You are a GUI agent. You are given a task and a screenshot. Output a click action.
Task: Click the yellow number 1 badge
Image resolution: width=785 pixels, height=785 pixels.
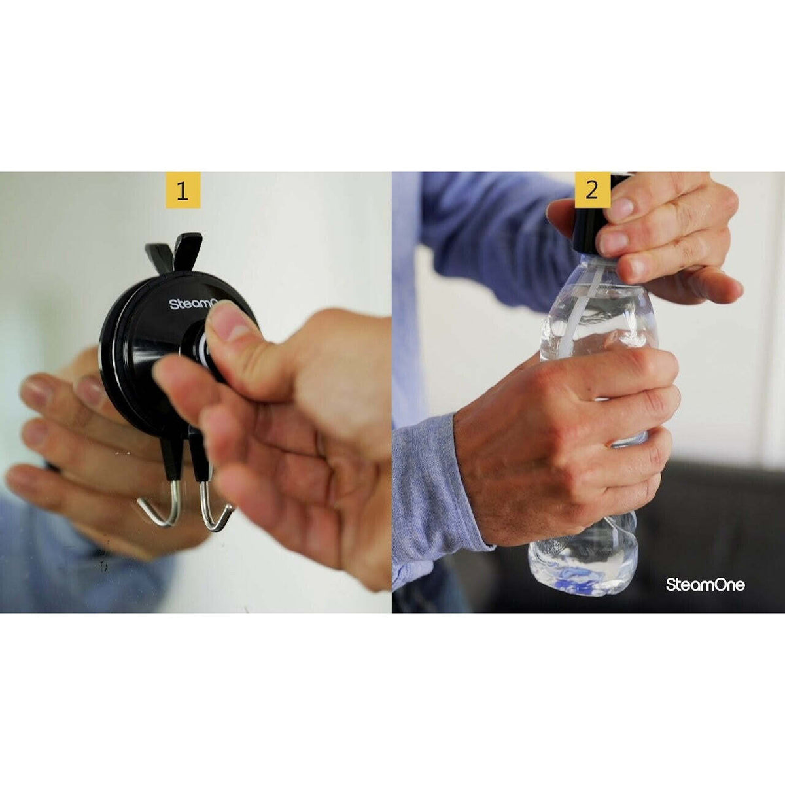pos(183,190)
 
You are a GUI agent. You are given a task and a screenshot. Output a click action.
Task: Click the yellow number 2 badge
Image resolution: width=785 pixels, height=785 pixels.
pos(592,190)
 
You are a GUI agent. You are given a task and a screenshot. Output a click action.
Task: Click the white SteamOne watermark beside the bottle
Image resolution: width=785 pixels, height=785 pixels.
pos(705,585)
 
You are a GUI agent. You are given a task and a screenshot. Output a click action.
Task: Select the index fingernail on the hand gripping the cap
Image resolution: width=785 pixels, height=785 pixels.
pos(619,209)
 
